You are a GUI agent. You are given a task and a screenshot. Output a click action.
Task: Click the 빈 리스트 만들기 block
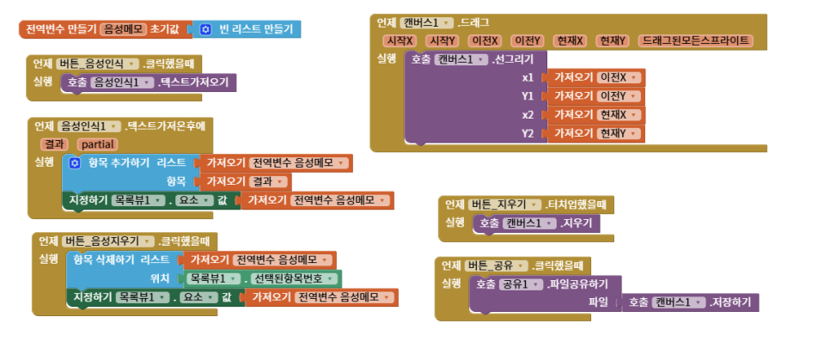[x=247, y=29]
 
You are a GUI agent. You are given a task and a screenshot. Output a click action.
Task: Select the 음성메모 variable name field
[x=123, y=29]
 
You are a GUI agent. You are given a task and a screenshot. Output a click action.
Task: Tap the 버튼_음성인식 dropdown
[x=98, y=64]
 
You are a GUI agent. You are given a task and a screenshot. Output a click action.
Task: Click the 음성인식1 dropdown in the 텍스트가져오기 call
[x=122, y=82]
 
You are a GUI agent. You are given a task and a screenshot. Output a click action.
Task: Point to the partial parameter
[x=97, y=144]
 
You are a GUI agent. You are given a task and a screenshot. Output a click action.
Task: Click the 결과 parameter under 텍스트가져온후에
[x=54, y=144]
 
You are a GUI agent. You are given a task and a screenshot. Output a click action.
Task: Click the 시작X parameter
[x=400, y=41]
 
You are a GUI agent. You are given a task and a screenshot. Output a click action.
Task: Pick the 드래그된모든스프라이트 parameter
[x=696, y=41]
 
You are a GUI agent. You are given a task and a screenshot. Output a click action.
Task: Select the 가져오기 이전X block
[x=596, y=78]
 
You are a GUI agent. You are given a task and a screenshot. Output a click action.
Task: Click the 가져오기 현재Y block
[x=596, y=133]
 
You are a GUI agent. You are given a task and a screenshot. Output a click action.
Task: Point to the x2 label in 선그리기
[x=528, y=115]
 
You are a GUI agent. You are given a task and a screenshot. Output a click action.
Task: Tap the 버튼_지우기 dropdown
[x=505, y=204]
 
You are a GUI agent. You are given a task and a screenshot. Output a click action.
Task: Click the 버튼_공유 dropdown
[x=497, y=265]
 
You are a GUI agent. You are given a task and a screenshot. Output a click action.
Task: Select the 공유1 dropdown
[x=522, y=284]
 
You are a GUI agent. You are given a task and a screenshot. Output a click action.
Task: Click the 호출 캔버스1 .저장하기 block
[x=690, y=302]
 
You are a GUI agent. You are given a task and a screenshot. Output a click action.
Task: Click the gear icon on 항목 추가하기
[x=75, y=163]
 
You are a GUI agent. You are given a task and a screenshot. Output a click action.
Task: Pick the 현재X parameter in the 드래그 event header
[x=569, y=41]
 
